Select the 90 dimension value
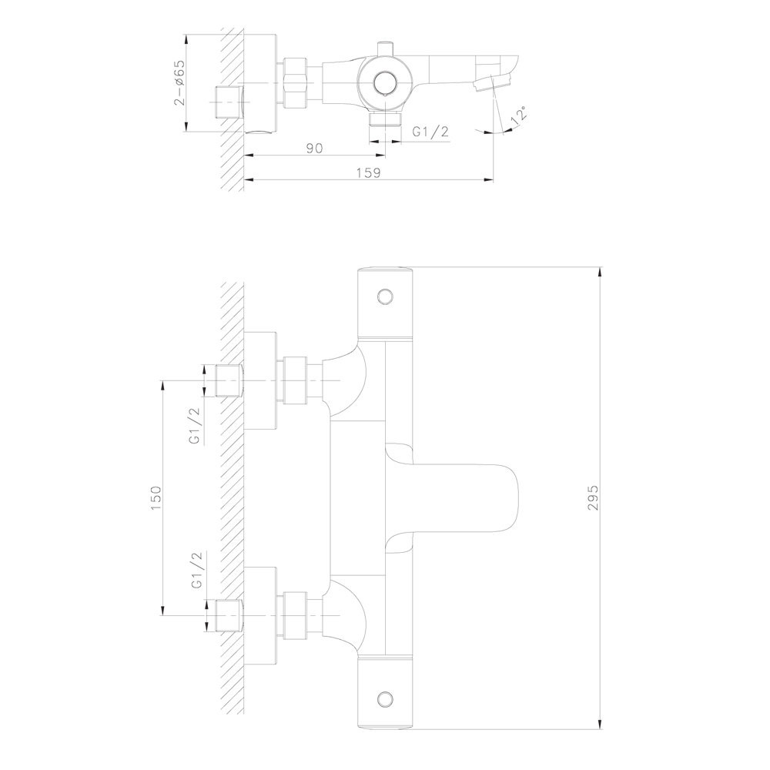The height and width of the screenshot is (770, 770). (313, 148)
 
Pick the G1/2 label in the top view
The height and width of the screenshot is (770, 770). (430, 132)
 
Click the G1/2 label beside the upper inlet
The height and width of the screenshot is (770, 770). (196, 427)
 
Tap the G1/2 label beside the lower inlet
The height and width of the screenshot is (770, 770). (196, 571)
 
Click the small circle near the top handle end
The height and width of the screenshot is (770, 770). (386, 296)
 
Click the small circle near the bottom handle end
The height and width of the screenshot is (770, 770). (386, 698)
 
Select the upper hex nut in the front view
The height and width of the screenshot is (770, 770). (296, 380)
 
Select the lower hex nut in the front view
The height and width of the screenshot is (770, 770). (296, 614)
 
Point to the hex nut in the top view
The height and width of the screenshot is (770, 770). (296, 82)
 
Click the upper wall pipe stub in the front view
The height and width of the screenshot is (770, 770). (229, 380)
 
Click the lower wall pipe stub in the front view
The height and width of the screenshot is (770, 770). (229, 614)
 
